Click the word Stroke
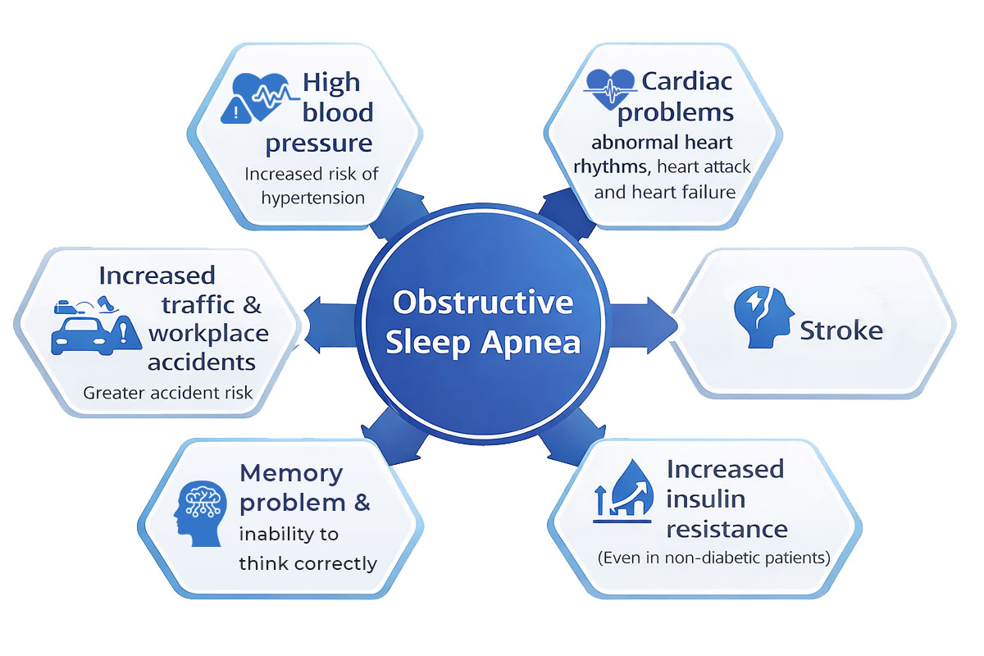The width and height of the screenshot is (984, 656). point(841,330)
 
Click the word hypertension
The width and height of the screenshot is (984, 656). point(313,198)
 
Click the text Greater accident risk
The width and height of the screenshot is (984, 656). point(168,392)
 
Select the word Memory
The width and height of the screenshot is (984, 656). point(290,473)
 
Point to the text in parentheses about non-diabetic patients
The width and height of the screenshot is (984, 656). point(713,558)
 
